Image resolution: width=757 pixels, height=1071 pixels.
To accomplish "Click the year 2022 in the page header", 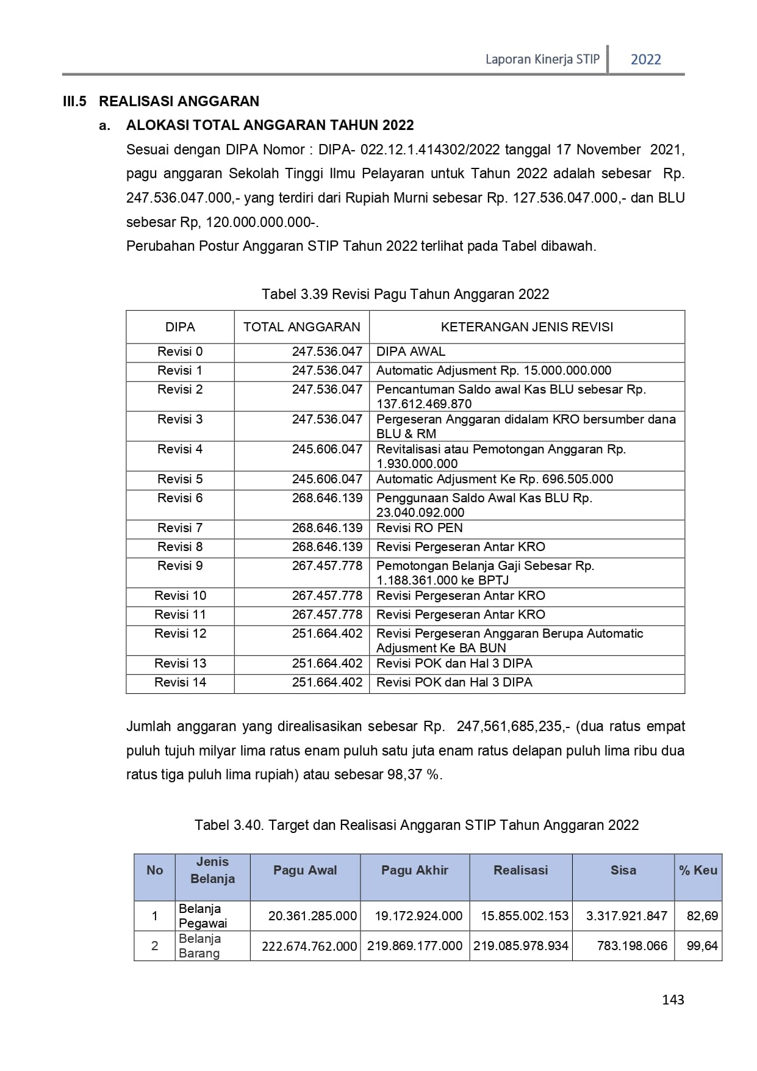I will click(645, 59).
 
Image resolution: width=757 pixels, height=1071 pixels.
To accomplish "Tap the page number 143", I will click(673, 1000).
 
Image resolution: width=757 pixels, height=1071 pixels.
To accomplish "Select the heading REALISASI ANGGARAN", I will click(179, 101).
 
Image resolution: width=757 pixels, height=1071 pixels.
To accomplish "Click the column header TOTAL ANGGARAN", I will click(302, 327).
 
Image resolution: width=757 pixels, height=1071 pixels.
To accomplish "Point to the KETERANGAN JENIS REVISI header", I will click(526, 327).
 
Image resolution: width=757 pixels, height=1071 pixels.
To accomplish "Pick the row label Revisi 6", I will click(180, 498).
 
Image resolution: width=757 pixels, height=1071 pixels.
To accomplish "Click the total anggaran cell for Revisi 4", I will click(327, 449).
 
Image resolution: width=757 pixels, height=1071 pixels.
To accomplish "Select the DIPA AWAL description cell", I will click(411, 352).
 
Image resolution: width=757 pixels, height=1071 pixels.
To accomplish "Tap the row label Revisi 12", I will click(180, 633).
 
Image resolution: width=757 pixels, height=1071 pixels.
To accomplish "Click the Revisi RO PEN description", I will click(419, 528).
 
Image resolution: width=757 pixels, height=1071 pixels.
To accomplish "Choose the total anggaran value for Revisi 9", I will click(327, 566).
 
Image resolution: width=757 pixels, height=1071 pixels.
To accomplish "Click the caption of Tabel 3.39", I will click(405, 294).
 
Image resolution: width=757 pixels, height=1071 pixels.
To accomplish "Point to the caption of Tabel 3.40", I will click(416, 825).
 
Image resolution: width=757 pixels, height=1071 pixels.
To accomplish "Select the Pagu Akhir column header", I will click(415, 870).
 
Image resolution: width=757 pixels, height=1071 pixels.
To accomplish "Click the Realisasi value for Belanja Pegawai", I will click(525, 916).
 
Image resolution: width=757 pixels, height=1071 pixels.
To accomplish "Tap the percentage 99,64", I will click(702, 946).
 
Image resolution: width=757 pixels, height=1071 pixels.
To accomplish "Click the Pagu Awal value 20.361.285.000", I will click(312, 916).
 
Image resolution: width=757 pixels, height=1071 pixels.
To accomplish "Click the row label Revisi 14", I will click(180, 682).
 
